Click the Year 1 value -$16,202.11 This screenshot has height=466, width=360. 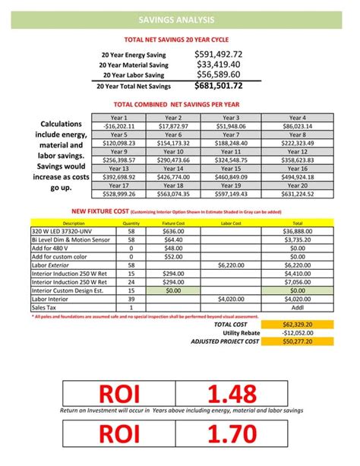click(x=118, y=126)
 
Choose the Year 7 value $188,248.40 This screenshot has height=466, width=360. click(x=231, y=143)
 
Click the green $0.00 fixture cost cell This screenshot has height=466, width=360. click(x=174, y=290)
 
